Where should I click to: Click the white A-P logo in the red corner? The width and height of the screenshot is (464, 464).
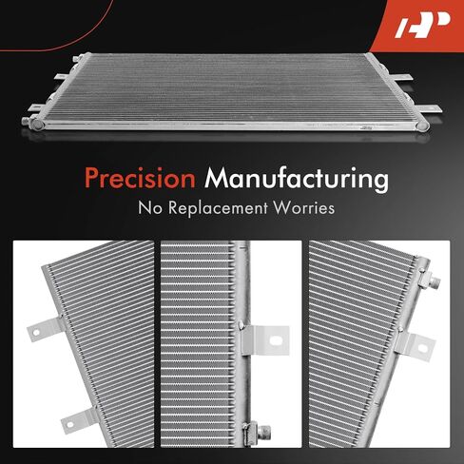[x=422, y=25]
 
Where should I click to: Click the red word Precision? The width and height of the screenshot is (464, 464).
[x=140, y=178]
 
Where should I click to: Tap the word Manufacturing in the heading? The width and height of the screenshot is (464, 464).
[x=297, y=180]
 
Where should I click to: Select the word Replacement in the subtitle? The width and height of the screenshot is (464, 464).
[x=218, y=208]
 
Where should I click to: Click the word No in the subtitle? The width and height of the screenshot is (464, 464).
[x=150, y=208]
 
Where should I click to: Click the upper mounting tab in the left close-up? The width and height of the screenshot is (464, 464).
[x=45, y=329]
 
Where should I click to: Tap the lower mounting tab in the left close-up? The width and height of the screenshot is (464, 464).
[x=79, y=420]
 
